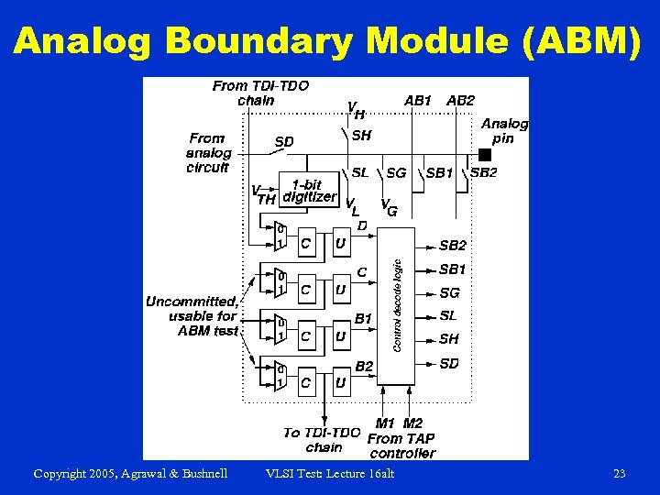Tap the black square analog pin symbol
tap(485, 154)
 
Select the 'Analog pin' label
tap(504, 130)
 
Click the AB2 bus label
tap(460, 99)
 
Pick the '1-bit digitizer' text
tap(308, 191)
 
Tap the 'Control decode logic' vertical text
tap(397, 305)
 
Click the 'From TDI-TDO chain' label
tap(260, 93)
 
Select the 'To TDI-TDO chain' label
tap(322, 439)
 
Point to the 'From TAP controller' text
tap(401, 445)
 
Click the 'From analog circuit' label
tap(207, 153)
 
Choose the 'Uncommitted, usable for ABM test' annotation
tap(192, 315)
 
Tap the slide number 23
tap(620, 473)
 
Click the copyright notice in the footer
tap(130, 473)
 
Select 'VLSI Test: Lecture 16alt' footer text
tap(329, 473)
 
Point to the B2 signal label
tap(364, 366)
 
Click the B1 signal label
tap(364, 318)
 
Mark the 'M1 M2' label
tap(400, 423)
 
